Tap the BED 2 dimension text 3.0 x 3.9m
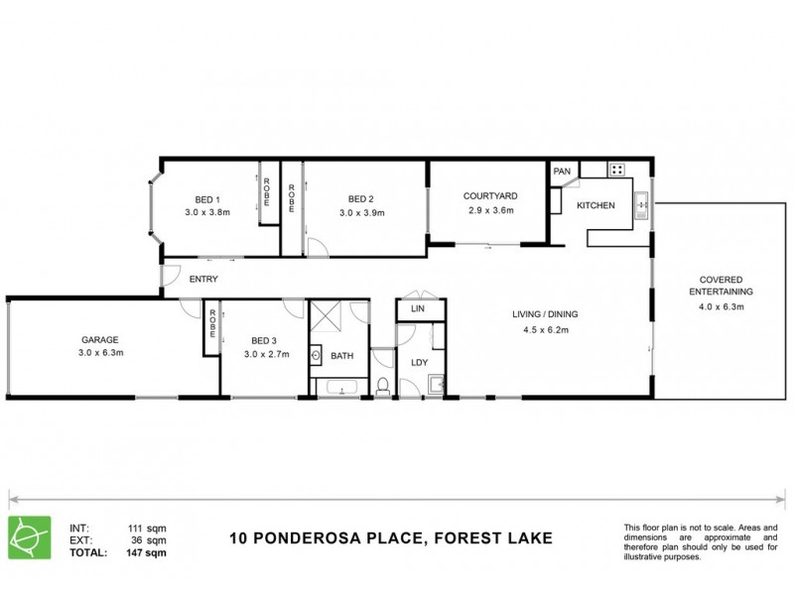point(361,212)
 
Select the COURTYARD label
point(490,195)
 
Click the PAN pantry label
point(563,172)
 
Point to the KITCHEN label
point(596,205)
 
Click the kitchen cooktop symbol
point(617,171)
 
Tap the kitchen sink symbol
point(642,205)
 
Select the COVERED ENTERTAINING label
point(721,287)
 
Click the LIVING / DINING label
point(545,314)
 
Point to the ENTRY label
point(203,280)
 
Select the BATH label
point(342,355)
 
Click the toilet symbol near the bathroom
point(382,386)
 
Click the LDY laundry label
point(419,362)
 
